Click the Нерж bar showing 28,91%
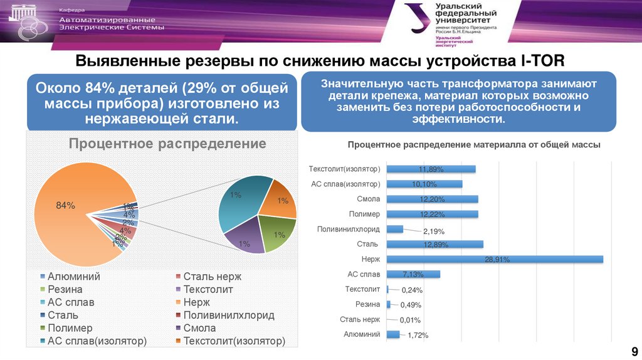(x=495, y=259)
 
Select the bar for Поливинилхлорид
(x=395, y=229)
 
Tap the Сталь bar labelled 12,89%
(x=435, y=244)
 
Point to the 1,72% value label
(x=418, y=336)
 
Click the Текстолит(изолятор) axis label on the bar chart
(x=345, y=169)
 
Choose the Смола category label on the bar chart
(x=369, y=199)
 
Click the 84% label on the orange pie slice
(x=66, y=205)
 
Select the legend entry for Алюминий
(x=74, y=277)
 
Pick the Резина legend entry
(x=65, y=290)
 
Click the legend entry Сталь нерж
(x=212, y=277)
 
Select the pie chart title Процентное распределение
(x=167, y=144)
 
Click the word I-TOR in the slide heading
(x=543, y=61)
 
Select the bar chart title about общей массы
(x=474, y=145)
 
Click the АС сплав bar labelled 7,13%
(x=414, y=274)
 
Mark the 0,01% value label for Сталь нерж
(x=411, y=320)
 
